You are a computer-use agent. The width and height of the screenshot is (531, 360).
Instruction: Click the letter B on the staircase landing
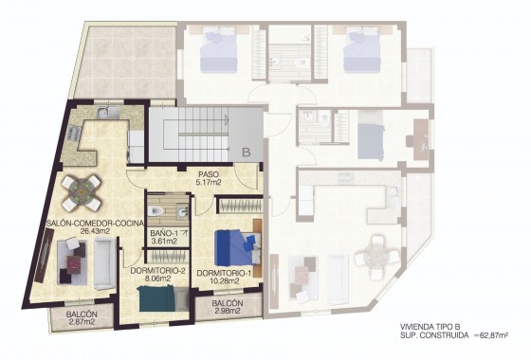coord(245,150)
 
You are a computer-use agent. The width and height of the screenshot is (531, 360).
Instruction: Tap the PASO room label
coord(210,173)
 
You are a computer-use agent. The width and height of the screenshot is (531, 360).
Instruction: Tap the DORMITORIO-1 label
coord(225,272)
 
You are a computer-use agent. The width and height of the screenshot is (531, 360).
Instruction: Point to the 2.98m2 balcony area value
coord(215,311)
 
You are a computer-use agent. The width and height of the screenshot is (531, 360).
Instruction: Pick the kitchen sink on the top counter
coord(107,117)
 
